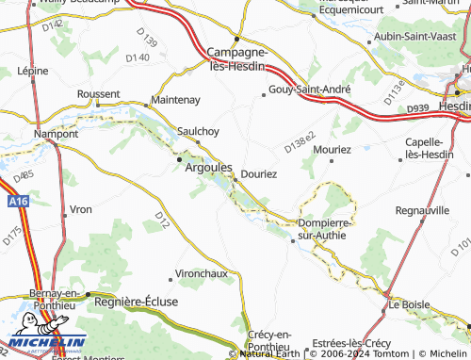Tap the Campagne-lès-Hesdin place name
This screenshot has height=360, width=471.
point(237,59)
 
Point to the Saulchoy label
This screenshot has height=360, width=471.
point(198,131)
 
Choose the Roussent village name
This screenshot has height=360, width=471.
point(98,94)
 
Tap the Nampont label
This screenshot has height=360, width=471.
point(56,134)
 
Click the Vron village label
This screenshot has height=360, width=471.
point(82,208)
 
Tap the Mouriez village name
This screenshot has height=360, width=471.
point(333,149)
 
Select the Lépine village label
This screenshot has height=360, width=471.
point(32,71)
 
